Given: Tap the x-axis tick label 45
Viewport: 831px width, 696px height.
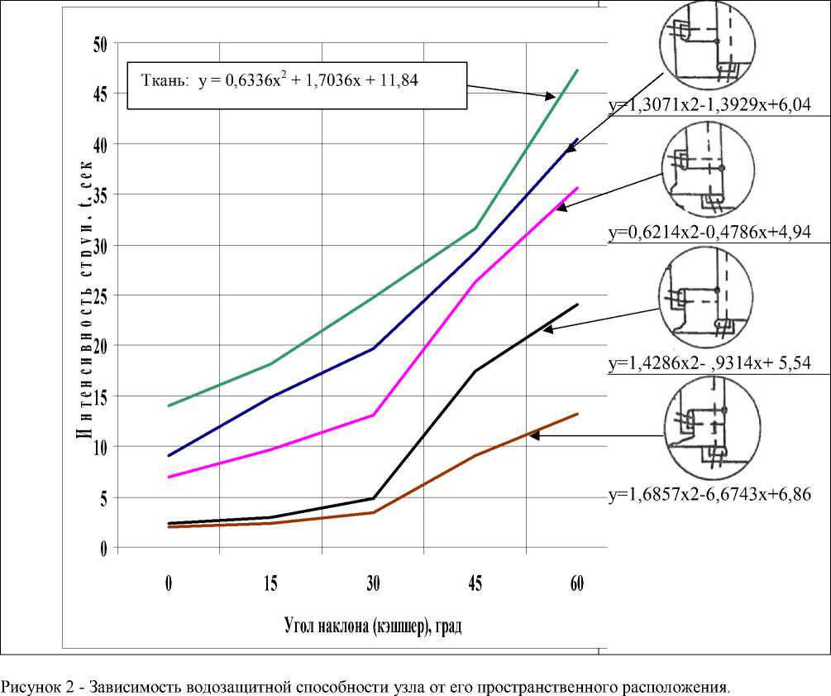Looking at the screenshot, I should click(x=475, y=583).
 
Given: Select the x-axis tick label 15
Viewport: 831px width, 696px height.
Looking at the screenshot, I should click(x=270, y=583).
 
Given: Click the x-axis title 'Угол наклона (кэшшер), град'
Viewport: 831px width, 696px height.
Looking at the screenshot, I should click(x=372, y=626).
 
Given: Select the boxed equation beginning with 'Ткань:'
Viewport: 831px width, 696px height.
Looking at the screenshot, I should click(x=295, y=84).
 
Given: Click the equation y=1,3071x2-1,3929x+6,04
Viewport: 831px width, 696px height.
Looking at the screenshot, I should click(x=709, y=104).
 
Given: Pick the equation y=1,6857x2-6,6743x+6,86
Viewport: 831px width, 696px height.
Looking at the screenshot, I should click(x=709, y=495).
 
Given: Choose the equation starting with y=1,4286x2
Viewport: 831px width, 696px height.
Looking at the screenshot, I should click(x=709, y=362).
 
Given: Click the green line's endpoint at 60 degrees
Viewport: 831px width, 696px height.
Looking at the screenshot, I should click(x=577, y=70).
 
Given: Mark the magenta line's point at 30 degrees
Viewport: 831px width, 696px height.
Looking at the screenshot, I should click(x=373, y=415).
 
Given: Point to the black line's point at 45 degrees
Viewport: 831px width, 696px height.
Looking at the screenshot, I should click(x=475, y=371).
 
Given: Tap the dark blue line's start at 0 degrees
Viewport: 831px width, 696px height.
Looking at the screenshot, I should click(x=169, y=455).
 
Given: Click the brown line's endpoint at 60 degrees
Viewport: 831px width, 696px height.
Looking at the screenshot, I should click(x=577, y=414).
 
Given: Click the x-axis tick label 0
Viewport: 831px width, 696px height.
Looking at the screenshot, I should click(x=169, y=583).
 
